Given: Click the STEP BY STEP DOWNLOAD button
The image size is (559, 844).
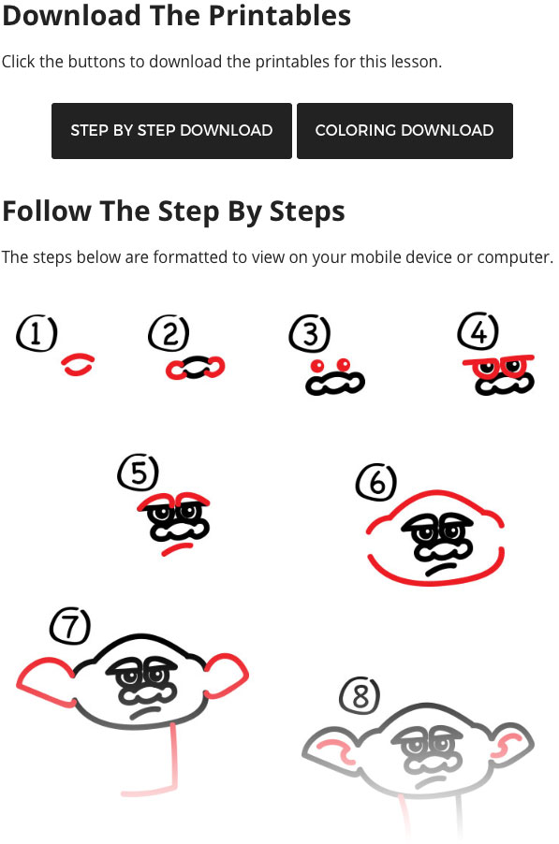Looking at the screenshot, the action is click(171, 131).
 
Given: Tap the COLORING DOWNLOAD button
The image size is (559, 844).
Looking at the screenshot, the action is click(405, 131).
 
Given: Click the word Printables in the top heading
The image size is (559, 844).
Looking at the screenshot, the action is click(280, 15).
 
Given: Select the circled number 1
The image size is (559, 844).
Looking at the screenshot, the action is click(37, 334).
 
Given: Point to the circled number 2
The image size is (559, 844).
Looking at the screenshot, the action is click(169, 333).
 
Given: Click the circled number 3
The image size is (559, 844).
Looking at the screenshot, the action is click(310, 334).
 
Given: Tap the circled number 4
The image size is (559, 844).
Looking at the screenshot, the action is click(478, 331).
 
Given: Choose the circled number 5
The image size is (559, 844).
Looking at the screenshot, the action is click(139, 472).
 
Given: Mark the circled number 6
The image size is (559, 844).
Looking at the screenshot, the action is click(375, 481).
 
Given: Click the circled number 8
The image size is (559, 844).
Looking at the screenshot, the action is click(360, 695).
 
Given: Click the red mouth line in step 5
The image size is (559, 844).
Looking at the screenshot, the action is click(177, 548).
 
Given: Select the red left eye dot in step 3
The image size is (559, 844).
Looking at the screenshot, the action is click(317, 366).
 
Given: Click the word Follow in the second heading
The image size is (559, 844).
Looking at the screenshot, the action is click(47, 211).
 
